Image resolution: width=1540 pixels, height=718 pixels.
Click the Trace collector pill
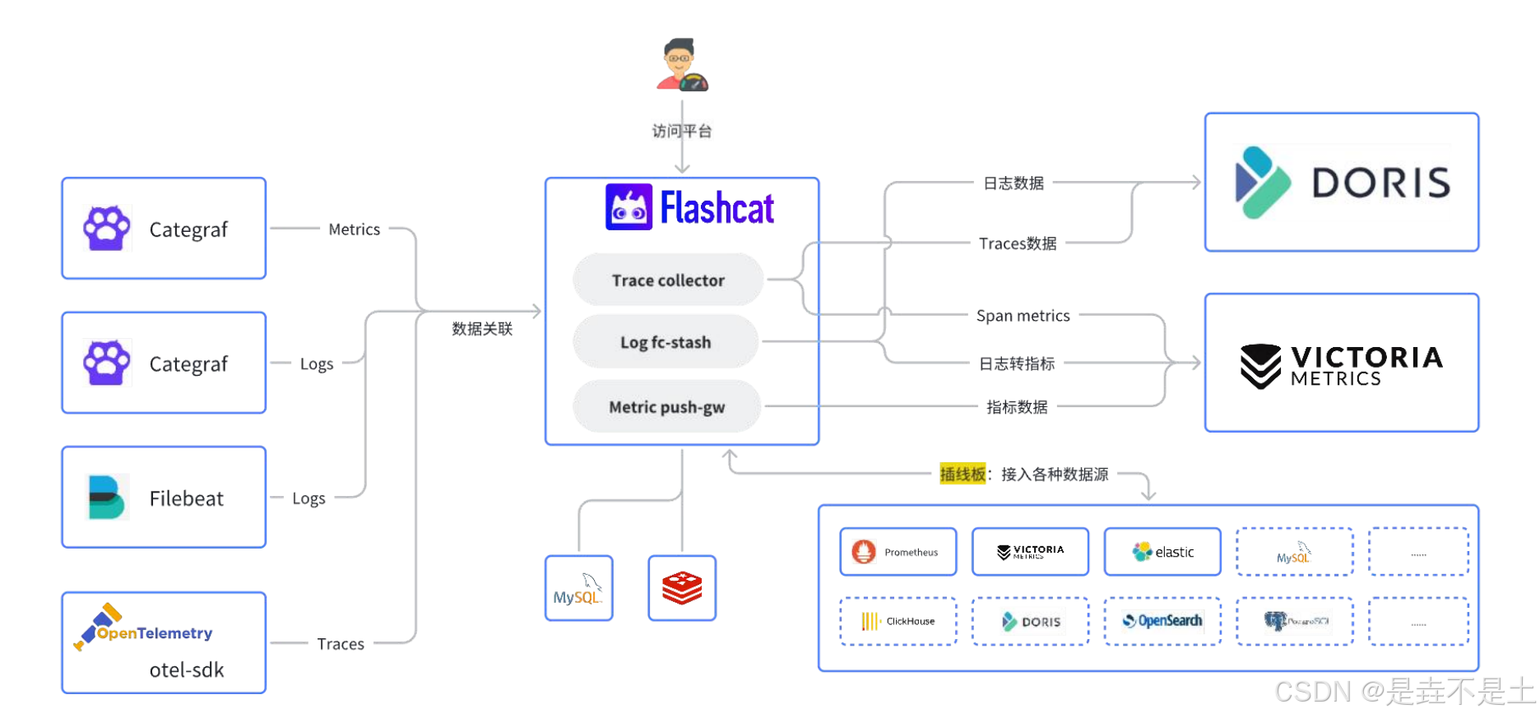[668, 280]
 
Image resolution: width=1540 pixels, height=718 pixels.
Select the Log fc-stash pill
[666, 342]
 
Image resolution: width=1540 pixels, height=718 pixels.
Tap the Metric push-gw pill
[666, 407]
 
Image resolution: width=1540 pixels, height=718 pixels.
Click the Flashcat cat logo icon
[629, 207]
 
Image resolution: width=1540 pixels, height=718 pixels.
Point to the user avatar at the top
[681, 64]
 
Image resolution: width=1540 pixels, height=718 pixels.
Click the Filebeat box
[164, 498]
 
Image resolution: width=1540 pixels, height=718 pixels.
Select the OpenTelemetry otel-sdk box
[164, 643]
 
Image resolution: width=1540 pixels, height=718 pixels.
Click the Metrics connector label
[354, 229]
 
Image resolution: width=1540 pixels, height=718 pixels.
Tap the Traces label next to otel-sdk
[341, 644]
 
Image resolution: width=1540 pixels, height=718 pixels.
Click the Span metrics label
[1023, 316]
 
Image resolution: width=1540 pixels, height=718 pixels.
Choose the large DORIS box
[1341, 183]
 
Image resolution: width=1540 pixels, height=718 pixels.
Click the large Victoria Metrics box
[1341, 363]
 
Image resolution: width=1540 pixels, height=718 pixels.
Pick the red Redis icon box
[682, 588]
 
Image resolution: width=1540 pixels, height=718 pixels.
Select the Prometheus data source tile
[898, 552]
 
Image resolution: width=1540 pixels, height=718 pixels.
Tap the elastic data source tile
[1162, 552]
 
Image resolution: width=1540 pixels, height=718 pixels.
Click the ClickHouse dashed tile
[898, 622]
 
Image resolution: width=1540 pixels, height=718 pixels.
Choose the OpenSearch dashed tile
[1162, 622]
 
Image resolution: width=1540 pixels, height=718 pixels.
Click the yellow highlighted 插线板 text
[962, 475]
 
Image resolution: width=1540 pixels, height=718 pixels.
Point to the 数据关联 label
[482, 329]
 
